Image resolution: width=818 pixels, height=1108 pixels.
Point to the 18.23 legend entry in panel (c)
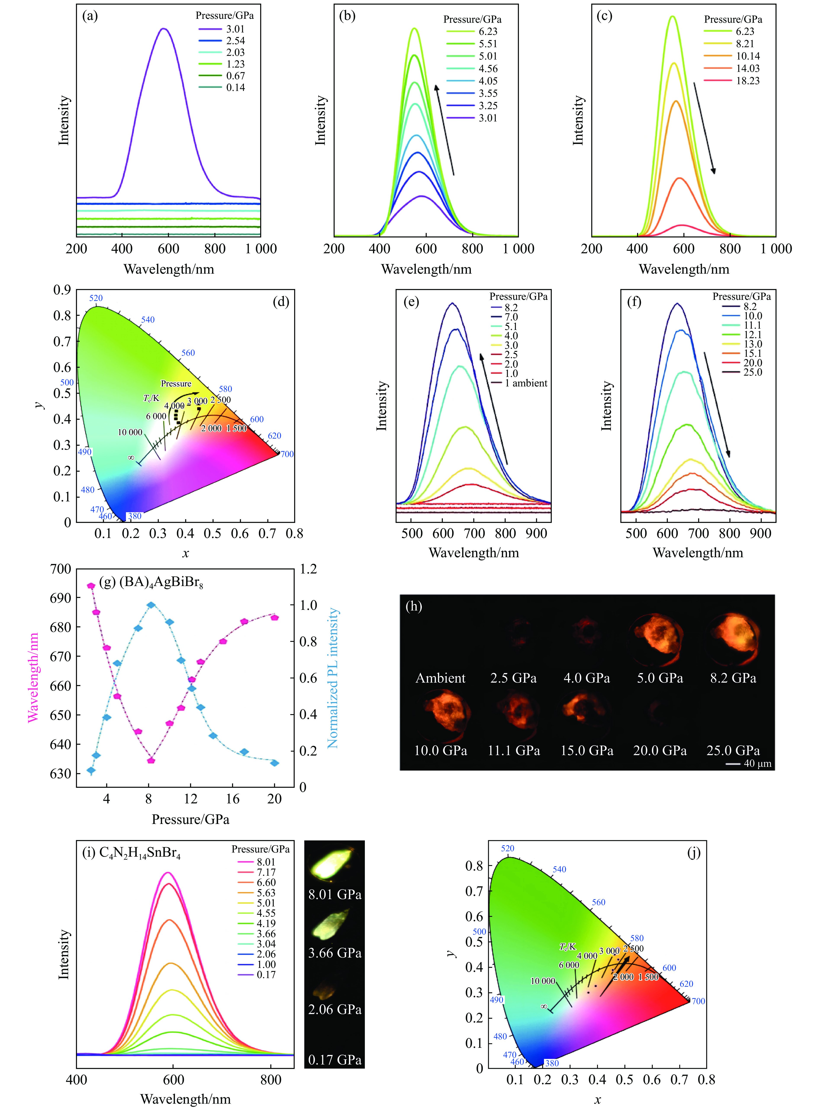pyautogui.click(x=747, y=81)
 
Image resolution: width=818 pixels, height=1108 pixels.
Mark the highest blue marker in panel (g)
pyautogui.click(x=151, y=605)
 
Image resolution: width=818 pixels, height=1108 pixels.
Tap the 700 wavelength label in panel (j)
pyautogui.click(x=698, y=1001)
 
